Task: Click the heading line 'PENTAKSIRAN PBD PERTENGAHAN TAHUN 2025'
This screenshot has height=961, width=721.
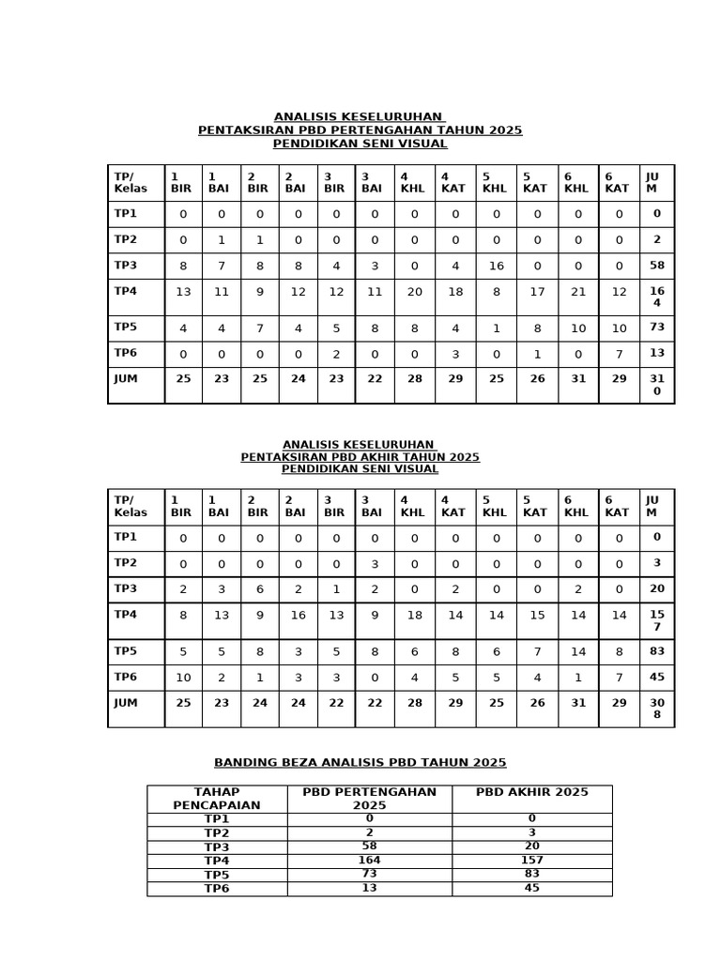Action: pyautogui.click(x=360, y=130)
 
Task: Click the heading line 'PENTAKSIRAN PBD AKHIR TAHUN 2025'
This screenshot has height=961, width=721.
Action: pyautogui.click(x=360, y=457)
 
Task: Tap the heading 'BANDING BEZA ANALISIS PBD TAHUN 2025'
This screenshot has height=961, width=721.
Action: pyautogui.click(x=360, y=763)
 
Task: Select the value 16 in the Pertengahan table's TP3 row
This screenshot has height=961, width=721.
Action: pyautogui.click(x=496, y=266)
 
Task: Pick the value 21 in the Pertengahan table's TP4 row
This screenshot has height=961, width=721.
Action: pyautogui.click(x=577, y=292)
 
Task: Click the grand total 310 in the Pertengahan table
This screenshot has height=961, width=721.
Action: pyautogui.click(x=657, y=385)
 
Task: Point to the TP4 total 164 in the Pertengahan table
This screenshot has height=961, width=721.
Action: pyautogui.click(x=657, y=297)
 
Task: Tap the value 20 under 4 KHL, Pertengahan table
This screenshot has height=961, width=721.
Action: pyautogui.click(x=414, y=292)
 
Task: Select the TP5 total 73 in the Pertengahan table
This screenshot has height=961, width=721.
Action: pyautogui.click(x=657, y=328)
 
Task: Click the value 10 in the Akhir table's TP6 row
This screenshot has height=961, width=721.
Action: pyautogui.click(x=183, y=678)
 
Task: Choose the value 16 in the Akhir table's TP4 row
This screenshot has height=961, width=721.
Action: pyautogui.click(x=298, y=616)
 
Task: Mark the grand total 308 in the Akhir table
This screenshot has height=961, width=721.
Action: pyautogui.click(x=657, y=709)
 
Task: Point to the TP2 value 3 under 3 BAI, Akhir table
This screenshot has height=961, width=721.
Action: pyautogui.click(x=374, y=563)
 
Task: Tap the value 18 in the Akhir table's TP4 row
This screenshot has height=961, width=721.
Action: pyautogui.click(x=414, y=616)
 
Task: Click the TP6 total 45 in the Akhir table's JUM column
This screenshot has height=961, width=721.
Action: pyautogui.click(x=657, y=678)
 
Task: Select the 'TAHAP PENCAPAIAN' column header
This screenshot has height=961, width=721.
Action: pyautogui.click(x=217, y=799)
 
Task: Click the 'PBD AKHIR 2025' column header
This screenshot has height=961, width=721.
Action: pyautogui.click(x=531, y=792)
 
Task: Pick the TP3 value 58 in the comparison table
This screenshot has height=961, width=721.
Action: pyautogui.click(x=369, y=847)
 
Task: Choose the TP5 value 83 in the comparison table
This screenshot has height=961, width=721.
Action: pyautogui.click(x=531, y=875)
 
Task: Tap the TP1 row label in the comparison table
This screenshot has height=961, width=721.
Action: pyautogui.click(x=217, y=819)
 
